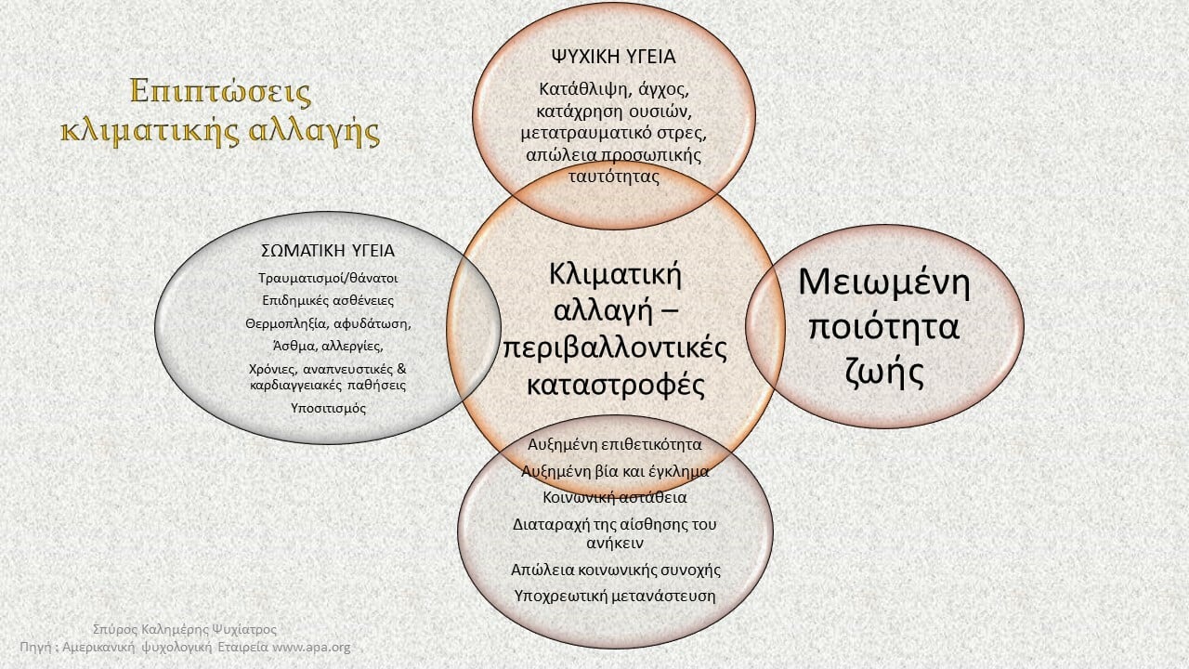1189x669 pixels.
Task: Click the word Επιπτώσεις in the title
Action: click(220, 91)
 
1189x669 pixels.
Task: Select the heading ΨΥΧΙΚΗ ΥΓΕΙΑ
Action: click(614, 57)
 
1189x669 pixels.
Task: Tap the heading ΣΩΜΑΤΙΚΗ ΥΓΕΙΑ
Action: click(328, 251)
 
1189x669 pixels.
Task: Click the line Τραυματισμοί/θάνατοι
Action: click(328, 278)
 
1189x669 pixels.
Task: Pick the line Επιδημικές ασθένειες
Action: click(328, 300)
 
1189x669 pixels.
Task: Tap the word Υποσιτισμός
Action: click(328, 408)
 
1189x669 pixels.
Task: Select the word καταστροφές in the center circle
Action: click(616, 385)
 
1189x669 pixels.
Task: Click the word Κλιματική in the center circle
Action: click(615, 275)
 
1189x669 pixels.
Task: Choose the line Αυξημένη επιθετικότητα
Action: click(614, 444)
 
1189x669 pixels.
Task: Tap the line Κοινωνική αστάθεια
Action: click(615, 497)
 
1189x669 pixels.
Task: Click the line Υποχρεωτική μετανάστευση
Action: click(615, 596)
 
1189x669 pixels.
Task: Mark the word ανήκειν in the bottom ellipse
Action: click(615, 543)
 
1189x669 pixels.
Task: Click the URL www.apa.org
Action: click(311, 648)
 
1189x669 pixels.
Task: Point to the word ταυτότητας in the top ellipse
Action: click(614, 177)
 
